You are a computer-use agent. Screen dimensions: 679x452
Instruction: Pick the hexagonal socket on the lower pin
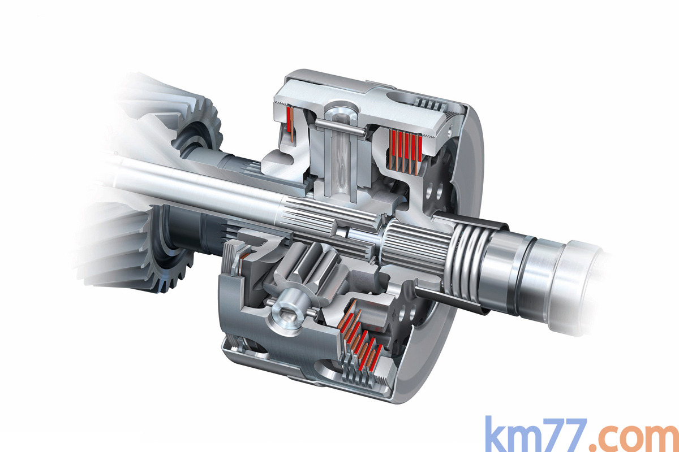[x=287, y=317]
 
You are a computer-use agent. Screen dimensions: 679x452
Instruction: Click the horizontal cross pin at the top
[x=340, y=126]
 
